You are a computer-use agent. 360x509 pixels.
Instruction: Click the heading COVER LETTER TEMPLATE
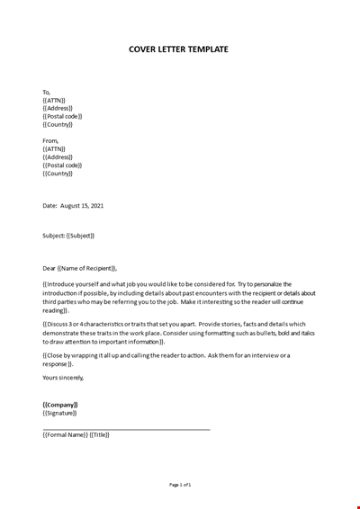coord(179,49)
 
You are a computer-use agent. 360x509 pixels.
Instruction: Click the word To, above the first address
coord(47,92)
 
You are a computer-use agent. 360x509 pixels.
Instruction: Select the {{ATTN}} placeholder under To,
coord(54,100)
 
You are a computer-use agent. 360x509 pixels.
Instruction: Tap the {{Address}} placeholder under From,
coord(58,157)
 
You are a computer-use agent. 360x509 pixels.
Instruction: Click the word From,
coord(49,141)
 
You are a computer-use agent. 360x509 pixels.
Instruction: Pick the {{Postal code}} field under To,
coord(62,116)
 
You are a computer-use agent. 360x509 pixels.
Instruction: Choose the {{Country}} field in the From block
coord(58,174)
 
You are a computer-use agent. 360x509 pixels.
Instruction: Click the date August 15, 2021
coord(82,206)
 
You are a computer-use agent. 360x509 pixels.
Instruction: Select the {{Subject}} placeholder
coord(80,236)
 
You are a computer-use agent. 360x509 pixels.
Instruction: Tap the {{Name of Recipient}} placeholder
coord(87,268)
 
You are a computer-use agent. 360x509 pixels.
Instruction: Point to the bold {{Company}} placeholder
coord(60,405)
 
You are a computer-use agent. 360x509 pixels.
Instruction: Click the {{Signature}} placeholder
coord(60,413)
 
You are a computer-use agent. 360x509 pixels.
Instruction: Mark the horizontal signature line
coord(126,429)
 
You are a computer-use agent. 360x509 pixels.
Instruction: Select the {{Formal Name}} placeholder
coord(65,435)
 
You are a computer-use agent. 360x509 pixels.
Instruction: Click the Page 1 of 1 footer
coord(180,485)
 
